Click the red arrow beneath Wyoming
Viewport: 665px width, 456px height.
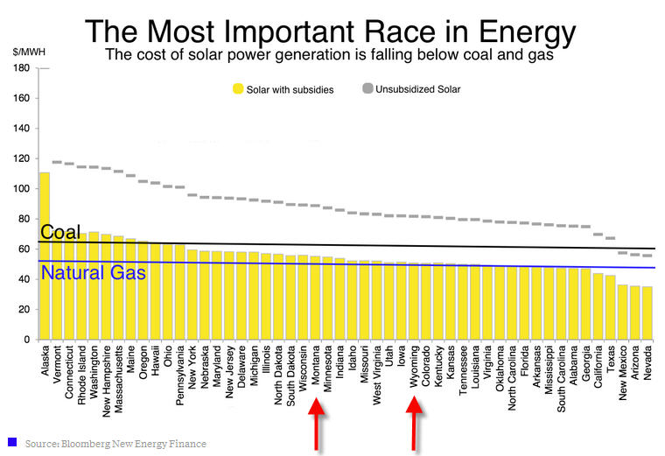415,422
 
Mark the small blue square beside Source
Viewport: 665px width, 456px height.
12,442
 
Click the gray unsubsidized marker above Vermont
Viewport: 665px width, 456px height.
57,162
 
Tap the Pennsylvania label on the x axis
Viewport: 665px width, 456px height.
180,373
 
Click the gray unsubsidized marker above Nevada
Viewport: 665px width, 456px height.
647,256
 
